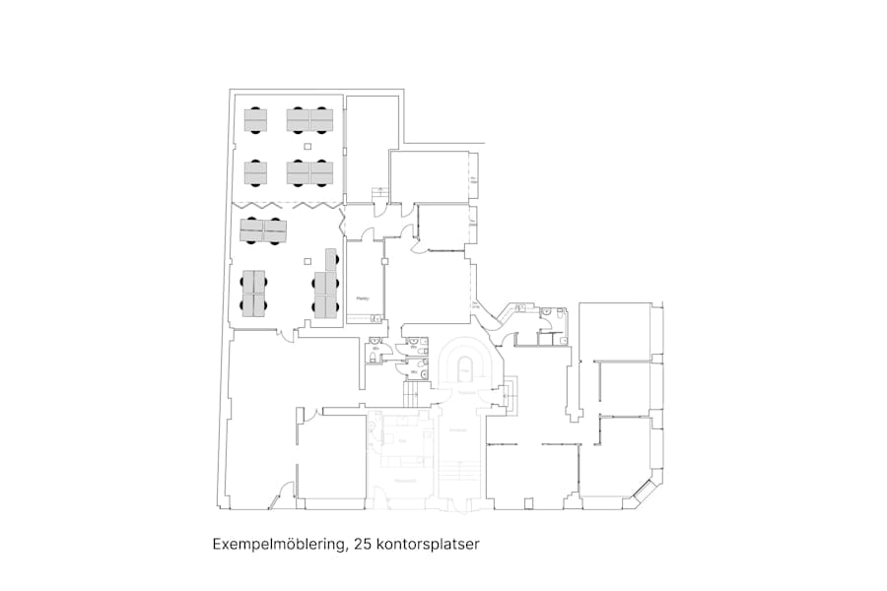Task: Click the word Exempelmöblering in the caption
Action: click(x=278, y=544)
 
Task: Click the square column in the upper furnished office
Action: click(x=308, y=147)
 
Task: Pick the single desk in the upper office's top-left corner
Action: click(x=255, y=120)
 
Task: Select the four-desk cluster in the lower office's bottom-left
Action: click(x=254, y=293)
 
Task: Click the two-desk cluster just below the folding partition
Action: click(x=263, y=231)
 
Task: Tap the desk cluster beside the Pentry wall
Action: click(x=326, y=286)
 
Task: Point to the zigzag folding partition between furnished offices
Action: click(x=286, y=204)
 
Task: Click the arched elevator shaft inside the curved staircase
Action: click(x=463, y=370)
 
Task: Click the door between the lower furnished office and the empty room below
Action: click(x=287, y=335)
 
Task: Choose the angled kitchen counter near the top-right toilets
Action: click(x=512, y=315)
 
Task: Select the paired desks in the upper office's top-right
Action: click(x=309, y=120)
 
